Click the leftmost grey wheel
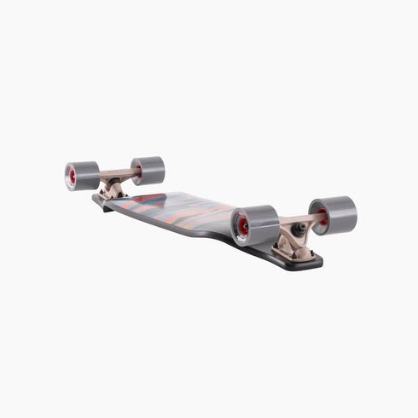point(81,176)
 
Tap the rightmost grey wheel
point(333,215)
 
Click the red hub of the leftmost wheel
point(72,177)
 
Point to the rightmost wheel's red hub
point(322,217)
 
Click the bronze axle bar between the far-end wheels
point(114,175)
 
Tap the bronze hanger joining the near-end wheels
point(293,224)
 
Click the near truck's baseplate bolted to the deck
point(294,251)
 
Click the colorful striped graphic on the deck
point(179,209)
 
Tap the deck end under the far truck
point(101,201)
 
